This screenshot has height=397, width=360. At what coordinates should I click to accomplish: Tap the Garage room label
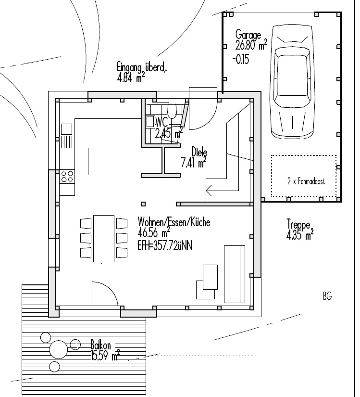(248, 35)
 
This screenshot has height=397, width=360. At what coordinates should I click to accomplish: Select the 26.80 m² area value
(251, 46)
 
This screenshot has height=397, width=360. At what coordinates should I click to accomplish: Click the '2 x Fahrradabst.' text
(304, 182)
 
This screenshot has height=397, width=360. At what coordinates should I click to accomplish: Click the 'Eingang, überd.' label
(143, 67)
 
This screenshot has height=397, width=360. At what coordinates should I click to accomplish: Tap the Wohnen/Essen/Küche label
(174, 222)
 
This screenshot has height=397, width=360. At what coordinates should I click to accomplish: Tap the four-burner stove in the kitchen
(67, 176)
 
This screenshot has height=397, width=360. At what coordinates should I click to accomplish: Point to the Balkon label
(101, 346)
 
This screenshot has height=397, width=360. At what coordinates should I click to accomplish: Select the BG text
(327, 296)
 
